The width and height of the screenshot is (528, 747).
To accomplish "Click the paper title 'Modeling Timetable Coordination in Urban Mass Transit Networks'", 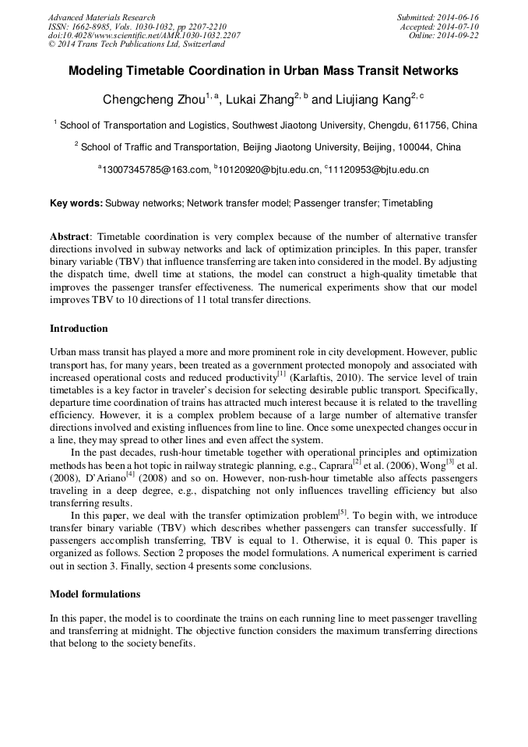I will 263,71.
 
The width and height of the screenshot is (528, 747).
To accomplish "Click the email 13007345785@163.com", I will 156,169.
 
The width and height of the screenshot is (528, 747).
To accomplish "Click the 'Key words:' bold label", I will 76,203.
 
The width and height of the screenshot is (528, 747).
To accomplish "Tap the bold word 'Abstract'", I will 69,236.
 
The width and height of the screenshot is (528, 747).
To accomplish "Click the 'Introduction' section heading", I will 79,329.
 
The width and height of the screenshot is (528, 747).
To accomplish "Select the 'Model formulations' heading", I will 95,594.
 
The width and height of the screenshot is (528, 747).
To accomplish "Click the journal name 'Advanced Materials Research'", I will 101,17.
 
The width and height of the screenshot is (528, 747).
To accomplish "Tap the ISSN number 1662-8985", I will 97,26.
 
